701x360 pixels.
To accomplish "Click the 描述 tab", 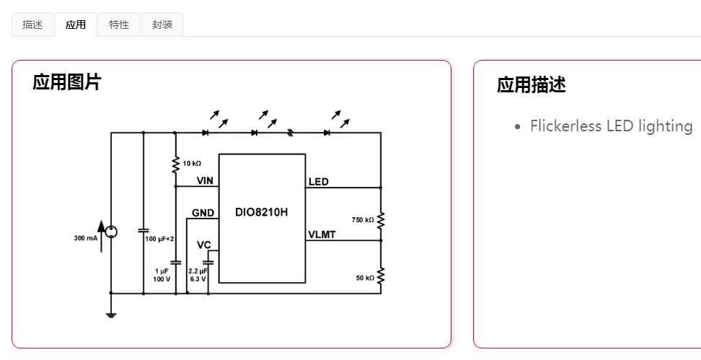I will (32, 25).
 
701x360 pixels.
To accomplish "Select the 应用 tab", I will (76, 25).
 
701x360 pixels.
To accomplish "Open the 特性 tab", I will (119, 25).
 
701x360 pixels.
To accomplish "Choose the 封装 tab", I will (162, 25).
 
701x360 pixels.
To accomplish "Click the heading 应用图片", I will (67, 82).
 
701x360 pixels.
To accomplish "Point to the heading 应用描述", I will (531, 85).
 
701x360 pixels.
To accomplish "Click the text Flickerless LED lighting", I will (611, 126).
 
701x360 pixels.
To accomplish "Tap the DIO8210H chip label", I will (262, 213).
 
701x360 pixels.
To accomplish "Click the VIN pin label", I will (205, 181).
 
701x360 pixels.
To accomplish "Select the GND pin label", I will (203, 214).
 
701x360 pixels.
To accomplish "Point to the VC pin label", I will (204, 245).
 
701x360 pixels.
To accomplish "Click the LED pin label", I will (318, 182).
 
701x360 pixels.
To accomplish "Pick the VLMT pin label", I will (322, 235).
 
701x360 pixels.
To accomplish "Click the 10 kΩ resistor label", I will (192, 164).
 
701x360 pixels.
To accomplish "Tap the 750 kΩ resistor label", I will (363, 219).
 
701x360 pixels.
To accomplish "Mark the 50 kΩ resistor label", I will (365, 277).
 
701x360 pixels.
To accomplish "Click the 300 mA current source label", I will (85, 238).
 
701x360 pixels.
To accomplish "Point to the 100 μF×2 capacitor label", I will (160, 239).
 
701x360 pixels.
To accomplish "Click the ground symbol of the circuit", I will (111, 314).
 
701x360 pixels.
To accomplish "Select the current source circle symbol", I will (112, 232).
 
